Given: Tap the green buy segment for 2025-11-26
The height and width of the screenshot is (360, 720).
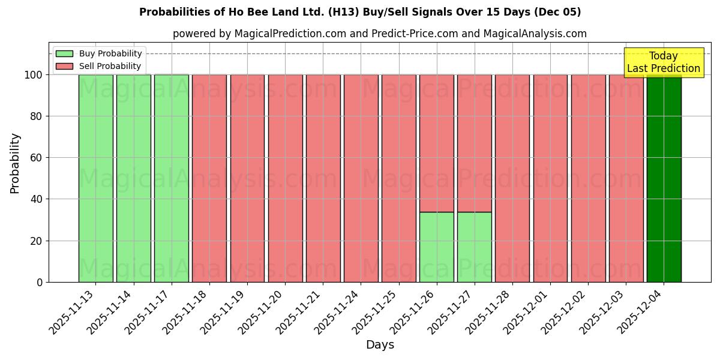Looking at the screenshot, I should pyautogui.click(x=436, y=247).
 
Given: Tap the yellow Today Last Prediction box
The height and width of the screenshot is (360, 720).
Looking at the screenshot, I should pyautogui.click(x=663, y=62).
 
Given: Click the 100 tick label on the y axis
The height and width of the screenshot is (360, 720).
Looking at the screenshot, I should pyautogui.click(x=33, y=75).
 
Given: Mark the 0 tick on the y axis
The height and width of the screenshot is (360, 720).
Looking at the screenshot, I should pyautogui.click(x=40, y=282).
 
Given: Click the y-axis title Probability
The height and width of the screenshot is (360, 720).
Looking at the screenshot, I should pyautogui.click(x=15, y=163).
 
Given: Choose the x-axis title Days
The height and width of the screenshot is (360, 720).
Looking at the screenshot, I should pyautogui.click(x=380, y=345).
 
